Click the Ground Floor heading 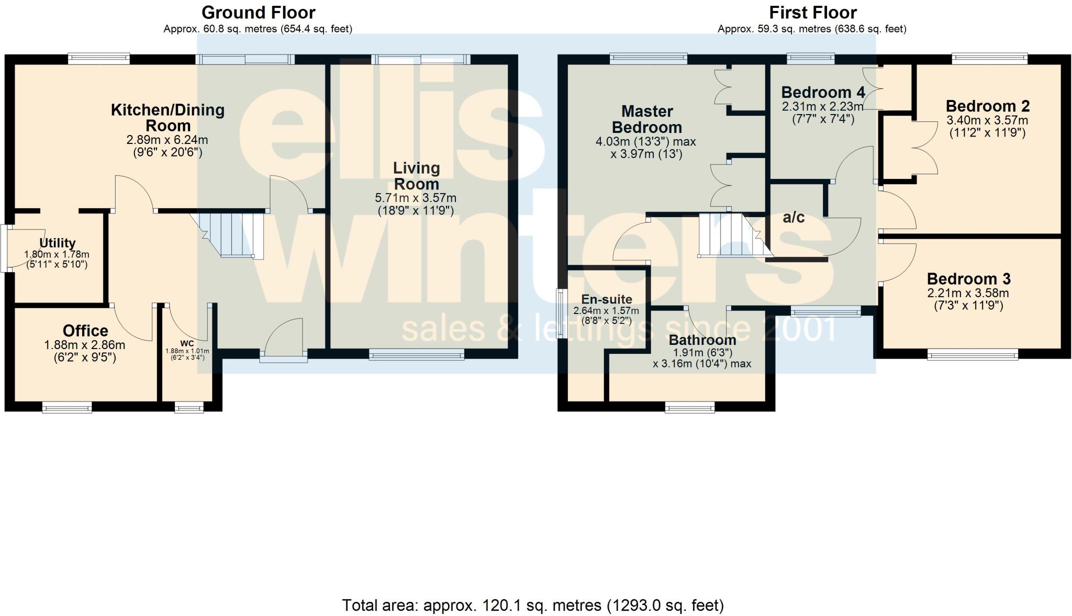pos(258,12)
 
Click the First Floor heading pos(812,12)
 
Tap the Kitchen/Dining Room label pos(167,118)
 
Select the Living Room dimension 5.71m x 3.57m pos(416,198)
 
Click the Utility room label pos(58,243)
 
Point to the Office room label pos(85,331)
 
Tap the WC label pos(187,343)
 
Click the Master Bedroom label pos(647,119)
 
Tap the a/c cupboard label pos(793,217)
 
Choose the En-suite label pos(607,299)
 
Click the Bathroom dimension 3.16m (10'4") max pos(702,363)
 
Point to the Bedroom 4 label pos(823,93)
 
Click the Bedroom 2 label pos(987,106)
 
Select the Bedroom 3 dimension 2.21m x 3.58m pos(968,293)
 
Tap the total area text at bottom pos(533,606)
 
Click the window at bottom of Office pos(67,407)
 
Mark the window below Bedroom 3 pos(973,355)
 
